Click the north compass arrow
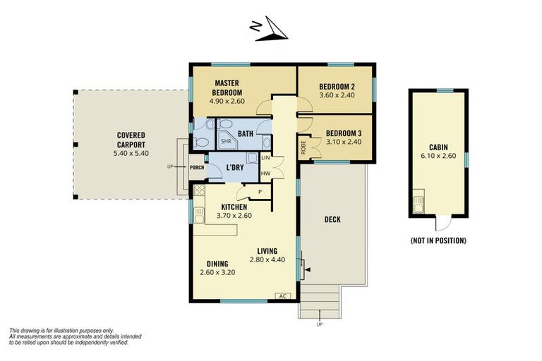tap(270, 30)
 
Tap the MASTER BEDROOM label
tap(228, 87)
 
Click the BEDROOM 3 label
tap(344, 132)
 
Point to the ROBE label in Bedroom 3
tap(303, 149)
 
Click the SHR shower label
tap(226, 140)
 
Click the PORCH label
tap(197, 167)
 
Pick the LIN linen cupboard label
tap(265, 158)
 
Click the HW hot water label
tap(265, 173)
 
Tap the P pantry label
tap(260, 192)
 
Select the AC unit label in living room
tap(283, 296)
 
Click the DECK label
tap(332, 219)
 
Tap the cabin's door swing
tap(441, 224)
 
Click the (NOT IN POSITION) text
tap(438, 240)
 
